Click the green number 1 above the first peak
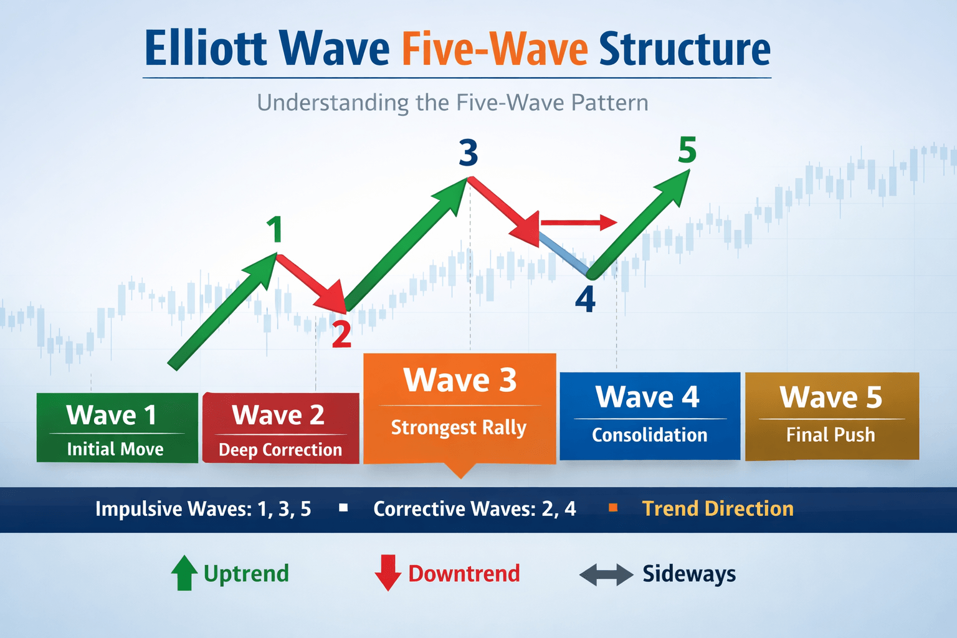click(275, 229)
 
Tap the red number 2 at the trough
click(341, 335)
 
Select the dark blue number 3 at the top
click(468, 153)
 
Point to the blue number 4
click(585, 300)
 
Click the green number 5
click(687, 150)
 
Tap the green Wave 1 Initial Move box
click(117, 428)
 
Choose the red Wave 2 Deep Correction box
click(280, 428)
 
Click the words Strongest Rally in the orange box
click(459, 427)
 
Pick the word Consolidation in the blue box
click(649, 435)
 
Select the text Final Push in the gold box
click(831, 435)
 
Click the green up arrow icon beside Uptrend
click(184, 573)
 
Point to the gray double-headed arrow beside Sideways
click(606, 574)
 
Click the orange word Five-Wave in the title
click(495, 50)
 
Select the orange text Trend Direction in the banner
click(718, 508)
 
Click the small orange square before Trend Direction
click(613, 508)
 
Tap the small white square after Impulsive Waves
click(343, 508)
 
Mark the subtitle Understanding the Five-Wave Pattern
click(452, 103)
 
